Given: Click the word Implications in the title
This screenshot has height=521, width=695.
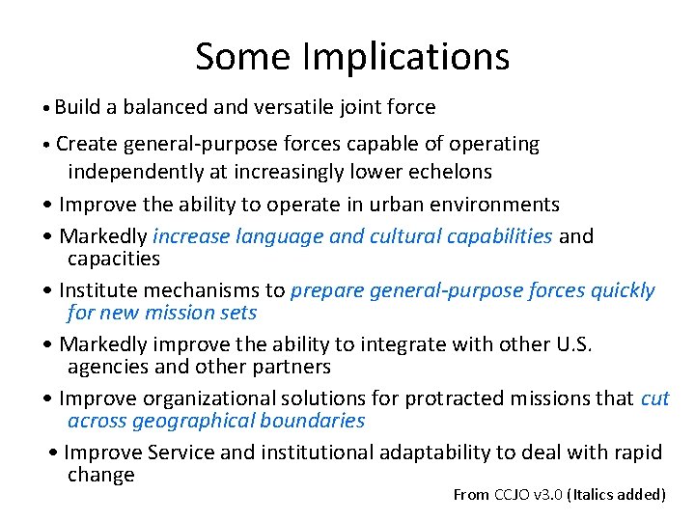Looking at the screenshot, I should pyautogui.click(x=405, y=58).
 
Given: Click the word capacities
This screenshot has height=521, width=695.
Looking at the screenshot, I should pyautogui.click(x=114, y=259).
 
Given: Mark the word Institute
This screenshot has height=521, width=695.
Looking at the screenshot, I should pyautogui.click(x=100, y=290).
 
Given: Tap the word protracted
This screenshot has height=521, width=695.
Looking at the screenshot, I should pyautogui.click(x=453, y=398).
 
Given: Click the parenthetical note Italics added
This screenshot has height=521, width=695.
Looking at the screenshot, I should pyautogui.click(x=618, y=495).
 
